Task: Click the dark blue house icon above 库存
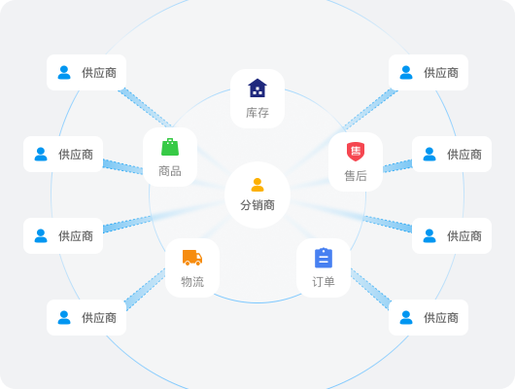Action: [257, 88]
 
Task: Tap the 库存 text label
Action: [257, 113]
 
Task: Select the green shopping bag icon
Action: [170, 147]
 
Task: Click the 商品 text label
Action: [170, 171]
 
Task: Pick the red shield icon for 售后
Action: [356, 152]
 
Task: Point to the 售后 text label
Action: [356, 176]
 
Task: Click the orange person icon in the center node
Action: [257, 185]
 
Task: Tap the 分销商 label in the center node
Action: [257, 205]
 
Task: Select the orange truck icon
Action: [192, 258]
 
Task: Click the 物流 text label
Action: [192, 282]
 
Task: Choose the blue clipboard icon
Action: [324, 258]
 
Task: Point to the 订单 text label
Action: [324, 282]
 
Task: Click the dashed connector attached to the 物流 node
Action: [145, 289]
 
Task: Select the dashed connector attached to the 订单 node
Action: [370, 289]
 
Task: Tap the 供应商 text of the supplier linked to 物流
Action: [99, 318]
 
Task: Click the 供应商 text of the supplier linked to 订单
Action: [441, 318]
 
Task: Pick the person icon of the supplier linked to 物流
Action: [64, 317]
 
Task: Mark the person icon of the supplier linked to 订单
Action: [406, 317]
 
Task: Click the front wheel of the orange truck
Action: [198, 263]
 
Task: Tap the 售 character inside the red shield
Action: [356, 151]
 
